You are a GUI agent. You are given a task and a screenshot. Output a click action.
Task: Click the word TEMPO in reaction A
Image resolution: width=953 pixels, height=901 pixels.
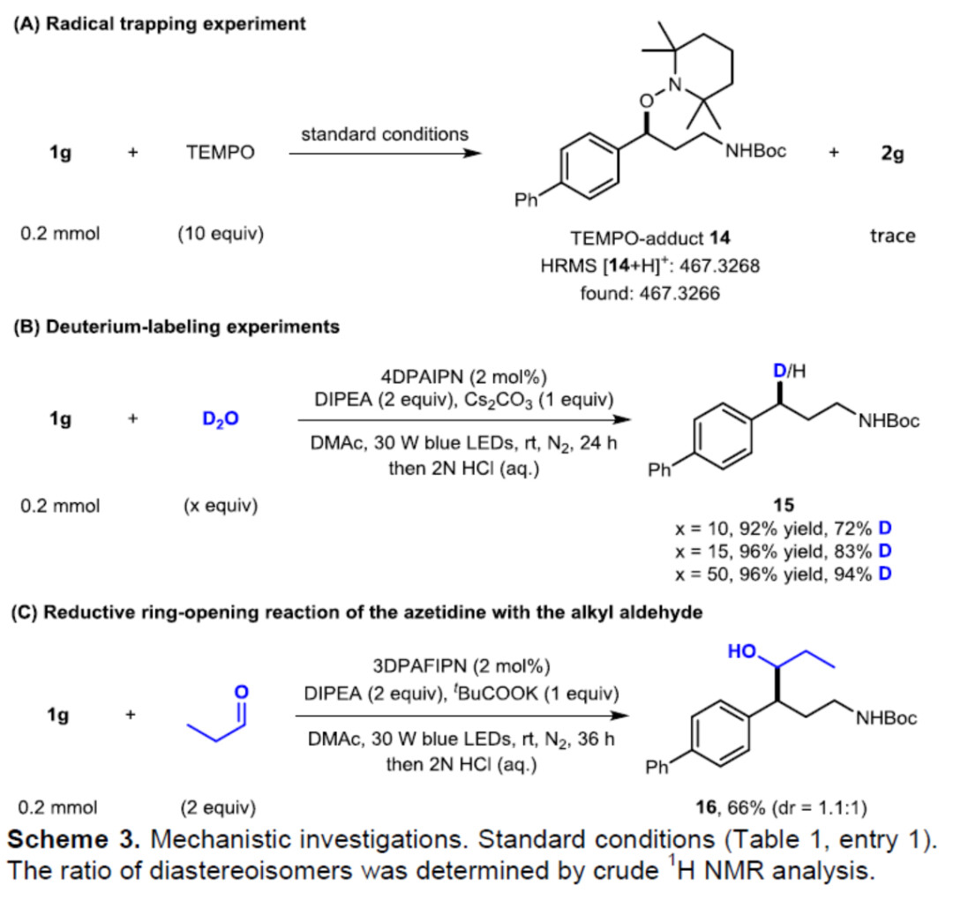(x=221, y=153)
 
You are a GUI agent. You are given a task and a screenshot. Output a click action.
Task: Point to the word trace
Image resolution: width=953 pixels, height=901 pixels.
(x=892, y=236)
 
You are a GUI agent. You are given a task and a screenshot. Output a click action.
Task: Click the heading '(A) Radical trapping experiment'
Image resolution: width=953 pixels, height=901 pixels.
(x=158, y=24)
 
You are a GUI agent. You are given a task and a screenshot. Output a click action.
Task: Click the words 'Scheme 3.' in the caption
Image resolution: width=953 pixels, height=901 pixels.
(x=63, y=834)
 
